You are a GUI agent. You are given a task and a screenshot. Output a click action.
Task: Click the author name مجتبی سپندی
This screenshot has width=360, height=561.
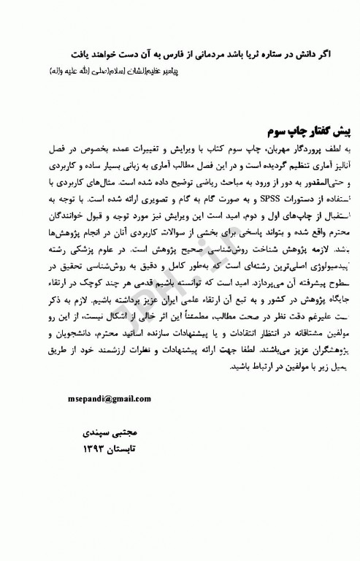point(99,434)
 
